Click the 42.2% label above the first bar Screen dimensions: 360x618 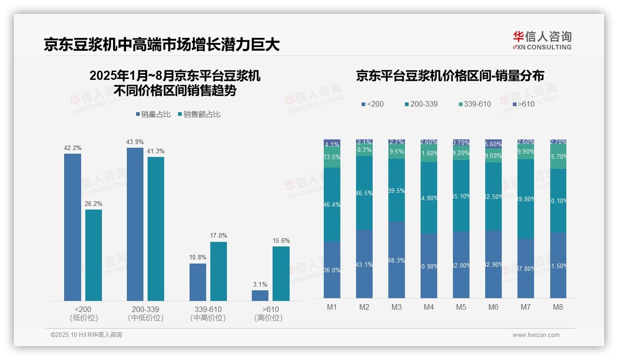[x=72, y=148]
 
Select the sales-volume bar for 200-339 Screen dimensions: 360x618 [x=135, y=224]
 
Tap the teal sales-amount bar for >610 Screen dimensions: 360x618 [x=281, y=274]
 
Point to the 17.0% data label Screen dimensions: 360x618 [x=219, y=236]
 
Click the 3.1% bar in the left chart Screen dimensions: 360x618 [x=260, y=295]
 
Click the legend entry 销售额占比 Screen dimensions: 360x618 [x=199, y=114]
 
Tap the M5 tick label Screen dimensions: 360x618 [x=461, y=307]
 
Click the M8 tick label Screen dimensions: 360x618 [x=558, y=307]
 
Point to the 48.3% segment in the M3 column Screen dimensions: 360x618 [x=397, y=260]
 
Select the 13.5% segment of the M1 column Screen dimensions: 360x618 [x=332, y=157]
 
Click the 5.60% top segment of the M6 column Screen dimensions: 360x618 [x=493, y=144]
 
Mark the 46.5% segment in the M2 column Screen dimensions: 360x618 [x=364, y=193]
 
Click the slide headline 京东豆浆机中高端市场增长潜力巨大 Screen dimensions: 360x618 [x=162, y=45]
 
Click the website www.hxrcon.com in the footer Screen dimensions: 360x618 [x=536, y=335]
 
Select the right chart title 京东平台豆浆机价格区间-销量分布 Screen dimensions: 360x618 [x=450, y=76]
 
